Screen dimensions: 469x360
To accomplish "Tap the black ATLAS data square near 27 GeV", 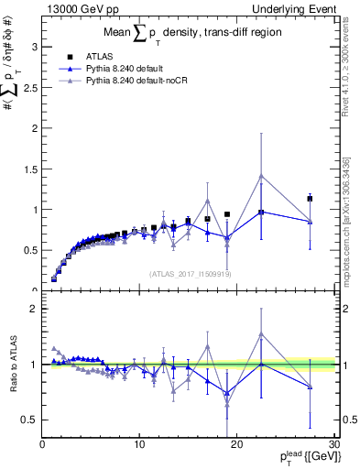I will pyautogui.click(x=310, y=198).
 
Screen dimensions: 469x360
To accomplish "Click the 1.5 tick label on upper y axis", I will pyautogui.click(x=29, y=169).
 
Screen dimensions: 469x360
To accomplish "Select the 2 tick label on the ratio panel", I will pyautogui.click(x=33, y=309).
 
